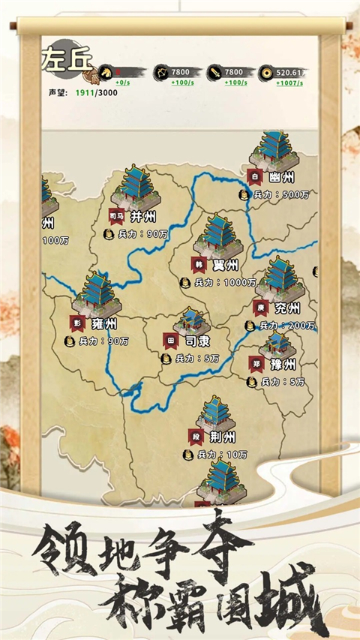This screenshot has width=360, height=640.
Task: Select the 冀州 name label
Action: coord(226,266)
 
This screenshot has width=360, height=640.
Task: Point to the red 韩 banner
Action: coord(200,265)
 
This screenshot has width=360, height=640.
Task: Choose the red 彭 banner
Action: coord(77,323)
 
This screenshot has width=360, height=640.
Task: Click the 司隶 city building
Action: coord(191,321)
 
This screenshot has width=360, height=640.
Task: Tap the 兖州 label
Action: coord(286,308)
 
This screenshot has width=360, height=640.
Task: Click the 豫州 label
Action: coord(283,365)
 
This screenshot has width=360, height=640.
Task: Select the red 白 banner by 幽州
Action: coord(255,178)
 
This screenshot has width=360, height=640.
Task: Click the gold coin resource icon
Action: coord(266,72)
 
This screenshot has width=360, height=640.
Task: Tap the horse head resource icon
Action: coord(106,72)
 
